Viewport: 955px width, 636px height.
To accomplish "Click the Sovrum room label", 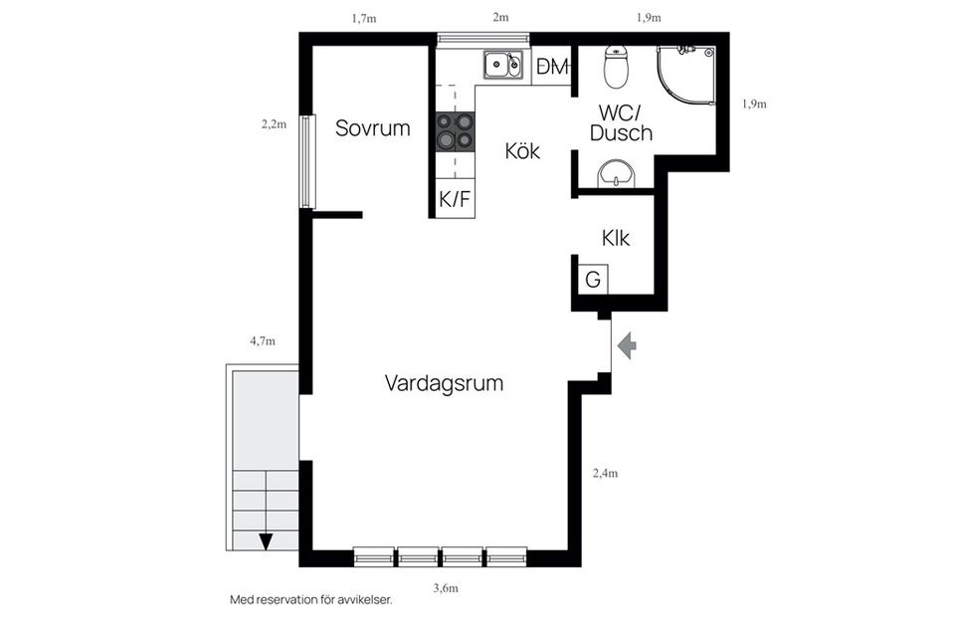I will [x=372, y=128].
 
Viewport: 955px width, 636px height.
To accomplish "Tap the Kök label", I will [x=522, y=151].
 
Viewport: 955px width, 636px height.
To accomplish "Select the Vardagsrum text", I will [x=444, y=383].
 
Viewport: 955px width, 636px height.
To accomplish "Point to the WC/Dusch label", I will [x=621, y=122].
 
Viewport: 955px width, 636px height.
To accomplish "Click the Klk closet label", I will [x=616, y=239].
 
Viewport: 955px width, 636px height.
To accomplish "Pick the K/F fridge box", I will [x=455, y=199].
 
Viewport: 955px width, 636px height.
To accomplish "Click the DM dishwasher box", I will [x=551, y=67].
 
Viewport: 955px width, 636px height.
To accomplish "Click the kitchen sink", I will [x=502, y=66].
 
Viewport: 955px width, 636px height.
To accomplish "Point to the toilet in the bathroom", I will [x=617, y=68].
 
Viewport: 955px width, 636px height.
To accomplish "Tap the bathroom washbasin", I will [x=617, y=178].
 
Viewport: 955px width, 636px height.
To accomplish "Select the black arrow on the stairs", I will [x=266, y=541].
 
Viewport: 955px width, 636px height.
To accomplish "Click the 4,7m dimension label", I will [x=262, y=340].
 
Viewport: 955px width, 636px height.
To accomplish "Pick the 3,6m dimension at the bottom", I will [x=446, y=588].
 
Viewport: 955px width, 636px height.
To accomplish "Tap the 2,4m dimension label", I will [x=605, y=474].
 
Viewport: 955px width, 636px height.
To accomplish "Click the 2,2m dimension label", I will [x=274, y=124].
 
